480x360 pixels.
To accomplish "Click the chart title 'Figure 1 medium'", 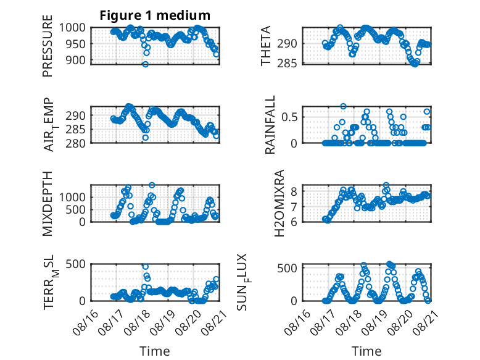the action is point(155,15).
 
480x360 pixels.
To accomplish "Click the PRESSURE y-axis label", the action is point(48,46).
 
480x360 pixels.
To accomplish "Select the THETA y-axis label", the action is point(266,46).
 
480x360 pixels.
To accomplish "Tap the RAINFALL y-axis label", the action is point(270,125).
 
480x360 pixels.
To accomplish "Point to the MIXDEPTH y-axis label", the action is point(48,204).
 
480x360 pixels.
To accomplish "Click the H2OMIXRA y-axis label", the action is point(279,203).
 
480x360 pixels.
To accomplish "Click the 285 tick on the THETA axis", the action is point(287,64).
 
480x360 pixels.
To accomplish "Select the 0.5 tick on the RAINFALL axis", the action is point(289,117).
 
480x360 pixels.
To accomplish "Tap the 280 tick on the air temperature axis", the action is point(75,143).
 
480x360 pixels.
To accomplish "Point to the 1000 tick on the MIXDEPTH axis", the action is point(72,197).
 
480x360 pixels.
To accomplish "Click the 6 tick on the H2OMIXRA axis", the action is point(294,222).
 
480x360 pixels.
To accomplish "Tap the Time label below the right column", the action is point(366,351).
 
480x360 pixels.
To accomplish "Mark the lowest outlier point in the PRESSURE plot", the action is point(146,64).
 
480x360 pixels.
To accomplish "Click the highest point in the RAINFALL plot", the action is point(343,106).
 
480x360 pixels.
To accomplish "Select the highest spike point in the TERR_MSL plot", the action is point(146,267).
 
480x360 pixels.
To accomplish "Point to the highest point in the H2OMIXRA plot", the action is point(386,185).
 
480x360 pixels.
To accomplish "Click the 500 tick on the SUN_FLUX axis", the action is point(287,269).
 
